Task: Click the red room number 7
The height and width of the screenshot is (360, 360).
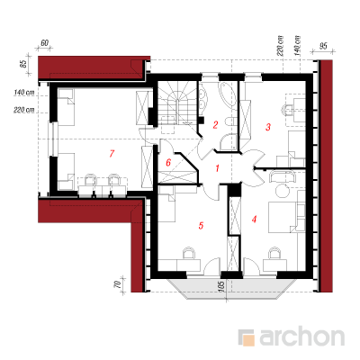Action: (x=112, y=154)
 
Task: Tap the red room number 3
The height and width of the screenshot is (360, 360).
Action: (x=268, y=127)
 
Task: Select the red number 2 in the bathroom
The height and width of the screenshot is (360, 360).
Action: (x=215, y=124)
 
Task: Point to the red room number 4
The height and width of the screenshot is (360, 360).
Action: (x=254, y=220)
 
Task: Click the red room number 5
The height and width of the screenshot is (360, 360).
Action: (x=201, y=225)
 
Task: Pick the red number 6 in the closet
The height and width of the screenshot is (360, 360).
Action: (x=168, y=163)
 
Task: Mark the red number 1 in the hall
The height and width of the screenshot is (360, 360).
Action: (x=217, y=168)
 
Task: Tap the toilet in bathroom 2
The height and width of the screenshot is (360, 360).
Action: (x=230, y=122)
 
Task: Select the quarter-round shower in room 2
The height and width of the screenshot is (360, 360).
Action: (x=229, y=142)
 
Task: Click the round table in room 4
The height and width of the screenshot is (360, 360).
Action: (x=283, y=190)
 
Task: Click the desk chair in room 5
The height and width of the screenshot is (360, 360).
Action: (x=189, y=253)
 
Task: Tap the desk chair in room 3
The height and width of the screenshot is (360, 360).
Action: (x=287, y=111)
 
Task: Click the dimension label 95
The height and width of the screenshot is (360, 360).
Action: (x=323, y=46)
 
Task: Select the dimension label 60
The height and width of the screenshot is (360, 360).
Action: (x=44, y=43)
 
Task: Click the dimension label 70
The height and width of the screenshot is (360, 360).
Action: (x=119, y=284)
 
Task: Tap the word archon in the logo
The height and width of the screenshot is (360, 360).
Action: (x=301, y=337)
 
